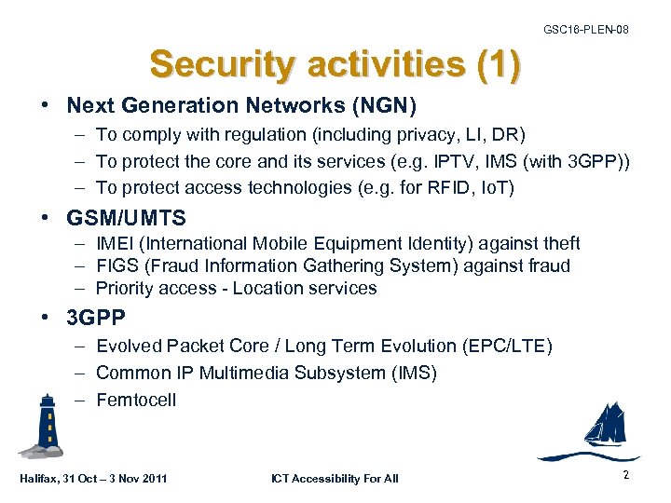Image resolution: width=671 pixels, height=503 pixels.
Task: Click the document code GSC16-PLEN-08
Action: point(585,30)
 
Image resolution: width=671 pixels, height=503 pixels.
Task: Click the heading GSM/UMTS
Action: point(126,219)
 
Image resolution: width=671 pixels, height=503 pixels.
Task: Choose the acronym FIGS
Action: point(116,265)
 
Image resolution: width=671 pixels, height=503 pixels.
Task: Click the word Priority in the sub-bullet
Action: point(126,288)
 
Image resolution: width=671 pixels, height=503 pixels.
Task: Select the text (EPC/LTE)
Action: point(509,347)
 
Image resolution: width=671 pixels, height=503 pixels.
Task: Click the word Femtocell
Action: point(136,401)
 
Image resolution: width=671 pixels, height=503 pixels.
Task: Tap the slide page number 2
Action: point(624,475)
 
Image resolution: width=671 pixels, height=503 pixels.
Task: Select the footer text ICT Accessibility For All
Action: point(335,479)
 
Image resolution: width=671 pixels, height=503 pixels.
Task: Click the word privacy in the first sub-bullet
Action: point(433,135)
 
